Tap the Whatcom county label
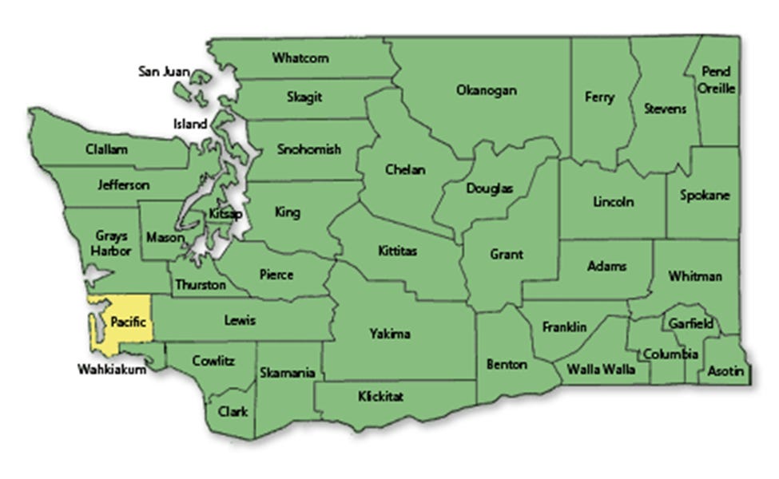pyautogui.click(x=300, y=57)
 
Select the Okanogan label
pyautogui.click(x=486, y=90)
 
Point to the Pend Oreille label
pyautogui.click(x=716, y=80)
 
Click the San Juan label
pyautogui.click(x=164, y=72)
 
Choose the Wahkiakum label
pyautogui.click(x=112, y=370)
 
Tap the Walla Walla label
pyautogui.click(x=601, y=370)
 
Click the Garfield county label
pyautogui.click(x=691, y=324)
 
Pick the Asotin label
pyautogui.click(x=725, y=371)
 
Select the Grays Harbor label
pyautogui.click(x=111, y=244)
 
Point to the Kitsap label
pyautogui.click(x=222, y=214)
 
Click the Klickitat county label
pyautogui.click(x=381, y=396)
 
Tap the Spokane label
pyautogui.click(x=705, y=195)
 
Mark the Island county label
pyautogui.click(x=190, y=124)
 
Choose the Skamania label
pyautogui.click(x=287, y=373)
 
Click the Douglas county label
pyautogui.click(x=489, y=189)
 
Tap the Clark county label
pyautogui.click(x=233, y=412)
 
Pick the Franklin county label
pyautogui.click(x=564, y=327)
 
